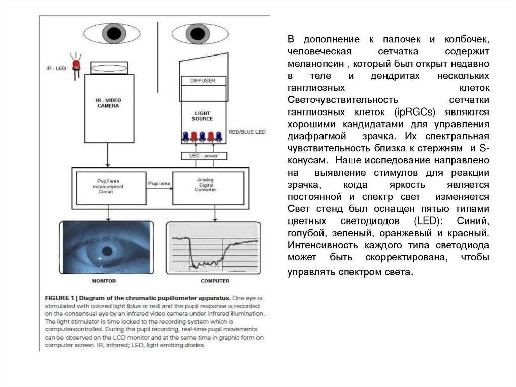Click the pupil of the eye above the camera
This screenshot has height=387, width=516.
[x=114, y=34]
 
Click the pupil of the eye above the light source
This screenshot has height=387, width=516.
[x=197, y=34]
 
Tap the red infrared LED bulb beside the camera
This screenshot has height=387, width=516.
[x=76, y=65]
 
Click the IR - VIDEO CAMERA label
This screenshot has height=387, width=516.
[x=108, y=103]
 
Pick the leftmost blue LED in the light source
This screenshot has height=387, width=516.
[x=185, y=136]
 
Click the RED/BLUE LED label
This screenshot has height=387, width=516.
[x=247, y=132]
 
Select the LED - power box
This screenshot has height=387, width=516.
[x=204, y=156]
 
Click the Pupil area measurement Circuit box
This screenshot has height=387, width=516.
[x=108, y=186]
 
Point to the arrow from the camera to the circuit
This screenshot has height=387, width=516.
[x=107, y=154]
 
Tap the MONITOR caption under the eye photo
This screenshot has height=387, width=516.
[x=105, y=281]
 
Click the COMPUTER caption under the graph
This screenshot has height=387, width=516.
[x=215, y=281]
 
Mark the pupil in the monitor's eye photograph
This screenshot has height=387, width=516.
[x=107, y=251]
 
